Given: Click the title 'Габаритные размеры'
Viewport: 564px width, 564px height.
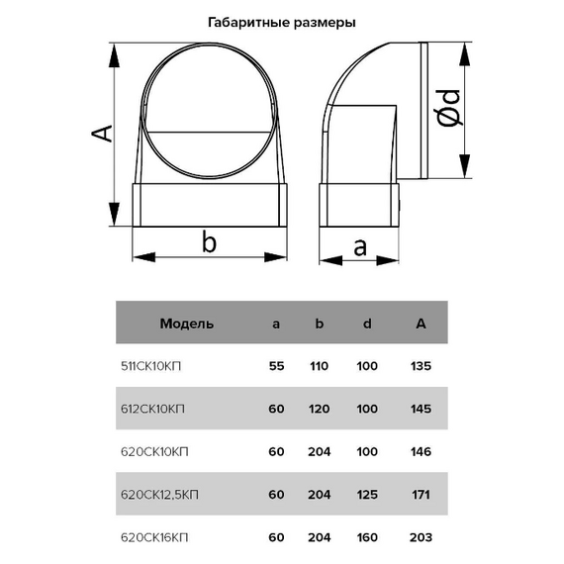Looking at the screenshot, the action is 282,23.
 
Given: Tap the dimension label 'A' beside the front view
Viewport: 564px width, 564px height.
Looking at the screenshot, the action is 102,134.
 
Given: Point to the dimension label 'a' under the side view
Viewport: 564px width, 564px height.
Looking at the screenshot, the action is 360,247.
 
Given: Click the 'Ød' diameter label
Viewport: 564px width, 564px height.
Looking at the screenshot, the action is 448,108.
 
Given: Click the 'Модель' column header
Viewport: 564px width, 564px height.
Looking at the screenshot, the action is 187,324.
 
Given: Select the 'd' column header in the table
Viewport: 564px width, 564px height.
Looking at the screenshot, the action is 367,324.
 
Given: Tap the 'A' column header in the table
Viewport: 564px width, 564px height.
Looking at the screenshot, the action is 421,324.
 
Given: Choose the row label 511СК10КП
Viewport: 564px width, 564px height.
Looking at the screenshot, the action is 150,366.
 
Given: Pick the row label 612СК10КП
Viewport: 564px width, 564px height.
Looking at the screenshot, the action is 152,409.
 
